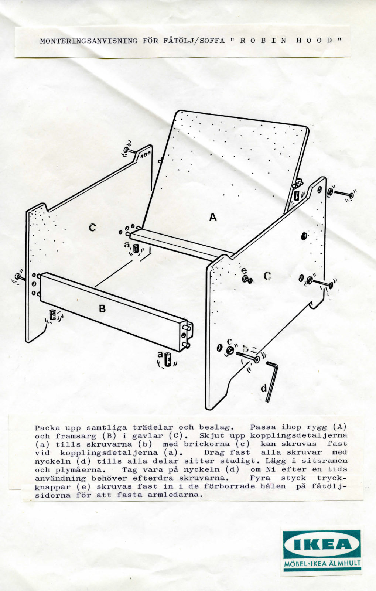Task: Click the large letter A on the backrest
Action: pyautogui.click(x=213, y=217)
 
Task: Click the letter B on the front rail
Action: pyautogui.click(x=102, y=308)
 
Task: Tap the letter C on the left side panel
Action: pyautogui.click(x=92, y=228)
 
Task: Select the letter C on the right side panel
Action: pyautogui.click(x=268, y=276)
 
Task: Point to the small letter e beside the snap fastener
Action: pyautogui.click(x=244, y=271)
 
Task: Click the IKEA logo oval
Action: pyautogui.click(x=322, y=545)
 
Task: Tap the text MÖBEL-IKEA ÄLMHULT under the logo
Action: pyautogui.click(x=322, y=564)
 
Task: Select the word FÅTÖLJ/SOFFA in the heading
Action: pyautogui.click(x=194, y=41)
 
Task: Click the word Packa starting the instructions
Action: pyautogui.click(x=47, y=428)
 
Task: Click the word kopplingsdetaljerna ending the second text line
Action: pyautogui.click(x=298, y=436)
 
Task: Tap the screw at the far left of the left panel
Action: pyautogui.click(x=18, y=276)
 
